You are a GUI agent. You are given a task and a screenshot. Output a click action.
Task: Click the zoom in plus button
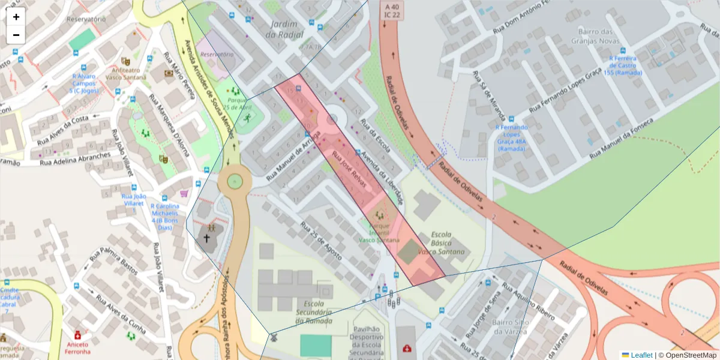[16, 17]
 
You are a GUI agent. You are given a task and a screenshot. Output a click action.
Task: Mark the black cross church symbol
[207, 238]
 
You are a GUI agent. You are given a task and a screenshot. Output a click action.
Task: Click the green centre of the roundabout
[235, 181]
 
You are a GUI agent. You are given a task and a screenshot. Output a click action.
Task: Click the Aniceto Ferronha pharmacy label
[77, 349]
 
